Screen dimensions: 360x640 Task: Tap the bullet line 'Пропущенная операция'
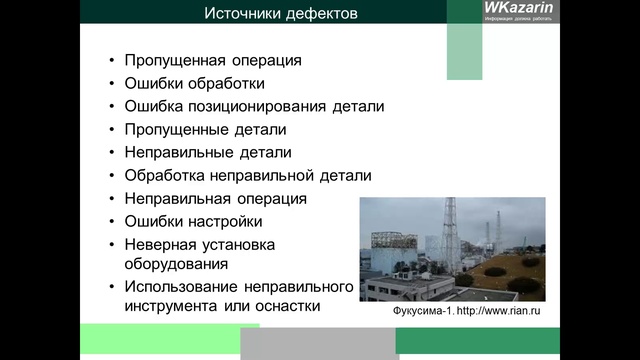[x=213, y=60]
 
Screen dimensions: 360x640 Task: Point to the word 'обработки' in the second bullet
[x=229, y=83]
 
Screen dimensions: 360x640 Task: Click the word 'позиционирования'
[x=262, y=106]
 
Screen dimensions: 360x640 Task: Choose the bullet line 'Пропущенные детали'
[x=205, y=129]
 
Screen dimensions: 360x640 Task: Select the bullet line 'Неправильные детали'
[x=208, y=152]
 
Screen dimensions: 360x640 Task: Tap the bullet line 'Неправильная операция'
[x=216, y=198]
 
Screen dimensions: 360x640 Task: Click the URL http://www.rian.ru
[x=504, y=311]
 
